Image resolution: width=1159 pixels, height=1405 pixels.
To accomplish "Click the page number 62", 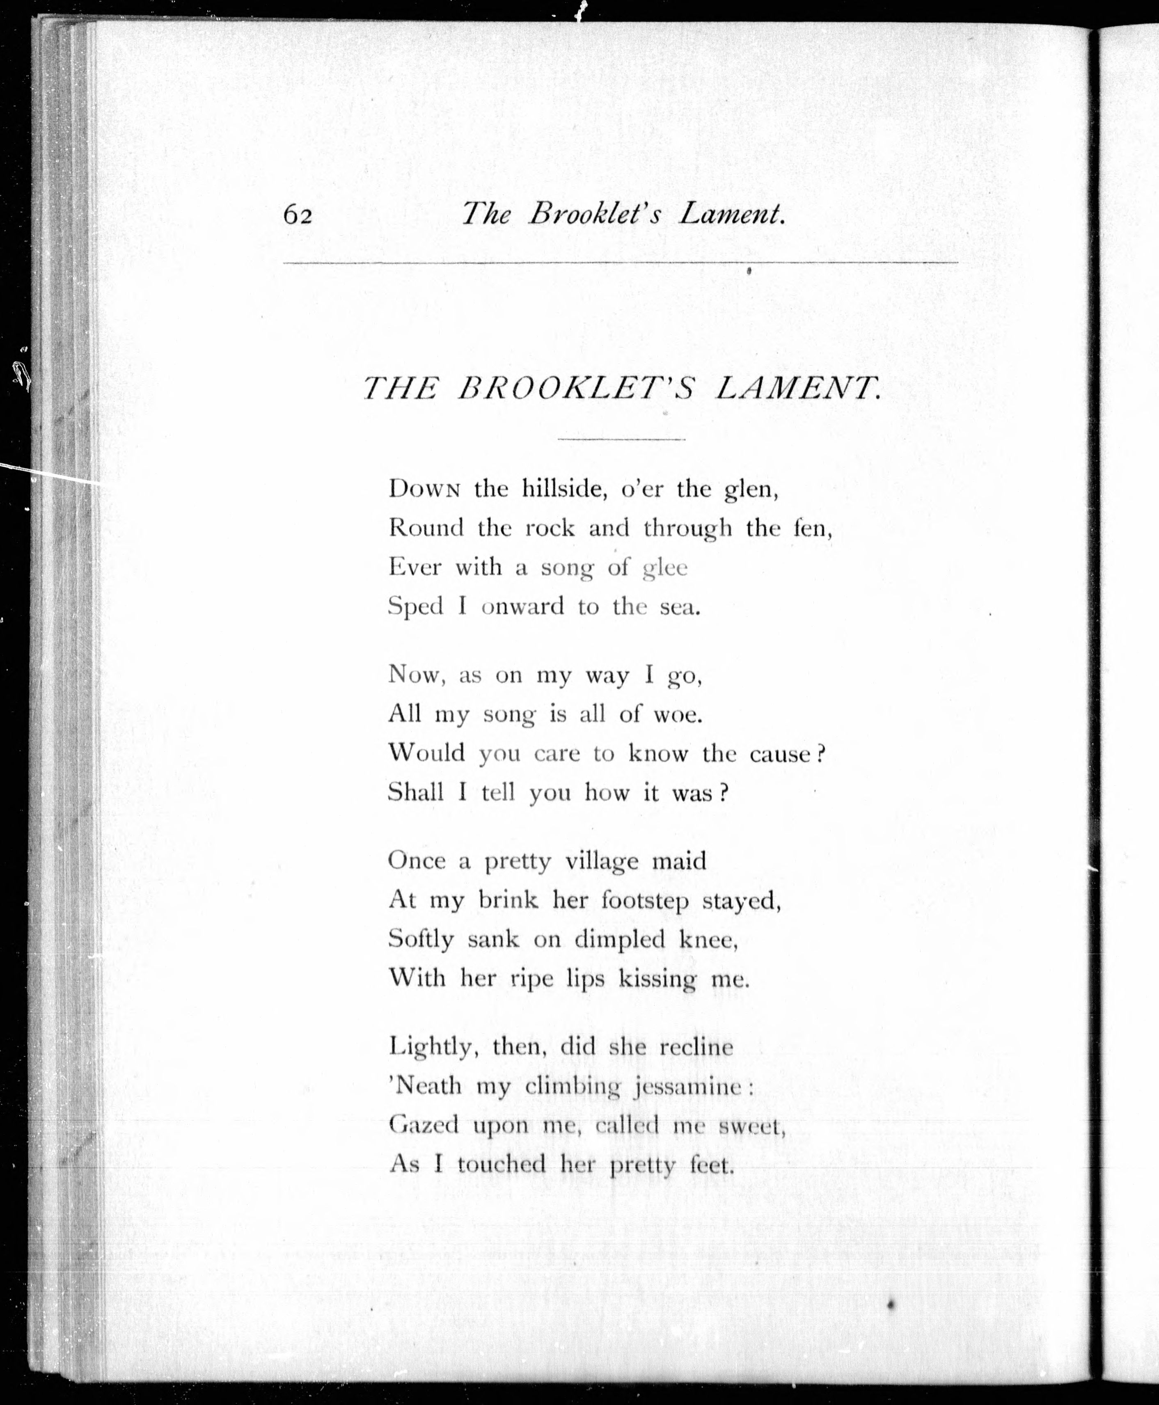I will [298, 215].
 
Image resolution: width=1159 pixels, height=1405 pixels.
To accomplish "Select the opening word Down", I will [425, 489].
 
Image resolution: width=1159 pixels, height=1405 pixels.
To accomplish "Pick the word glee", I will [664, 568].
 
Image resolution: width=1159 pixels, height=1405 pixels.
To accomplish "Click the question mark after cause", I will [821, 753].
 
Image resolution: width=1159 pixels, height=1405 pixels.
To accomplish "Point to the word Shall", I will [416, 792].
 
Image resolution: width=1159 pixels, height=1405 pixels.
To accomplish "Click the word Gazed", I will [423, 1125].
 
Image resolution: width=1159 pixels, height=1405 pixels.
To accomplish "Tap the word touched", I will [502, 1164].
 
